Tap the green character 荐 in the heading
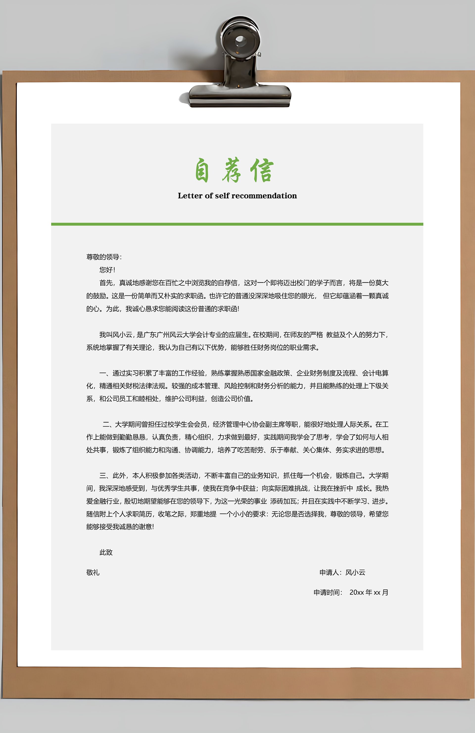point(232,171)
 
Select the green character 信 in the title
point(262,171)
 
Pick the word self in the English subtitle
point(222,196)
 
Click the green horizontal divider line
point(237,224)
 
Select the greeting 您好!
point(107,270)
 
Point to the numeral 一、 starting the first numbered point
point(105,373)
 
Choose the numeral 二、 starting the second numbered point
point(108,425)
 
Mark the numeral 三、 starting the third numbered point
point(105,476)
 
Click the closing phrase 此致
point(106,553)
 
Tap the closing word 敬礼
point(93,573)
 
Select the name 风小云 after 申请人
point(355,573)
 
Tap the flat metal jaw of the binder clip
point(240,96)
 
